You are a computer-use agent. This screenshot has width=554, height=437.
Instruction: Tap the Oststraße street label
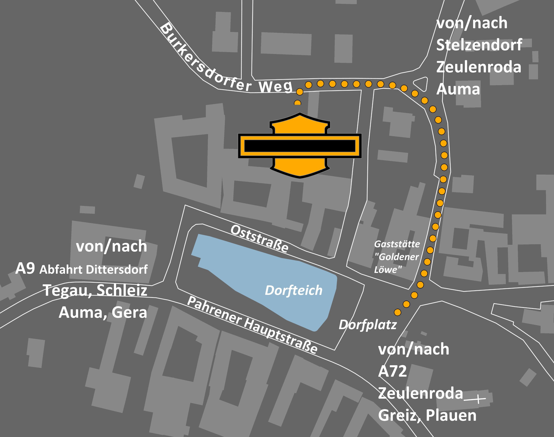[x=260, y=238]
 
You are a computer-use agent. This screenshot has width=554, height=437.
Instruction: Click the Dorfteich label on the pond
[x=293, y=290]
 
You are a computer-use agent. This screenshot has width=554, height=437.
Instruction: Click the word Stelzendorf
[x=479, y=45]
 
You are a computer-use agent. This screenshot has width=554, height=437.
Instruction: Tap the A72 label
[x=392, y=371]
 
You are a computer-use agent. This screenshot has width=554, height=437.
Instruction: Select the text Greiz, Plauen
[x=427, y=415]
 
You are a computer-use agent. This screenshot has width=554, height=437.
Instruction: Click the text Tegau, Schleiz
[x=95, y=290]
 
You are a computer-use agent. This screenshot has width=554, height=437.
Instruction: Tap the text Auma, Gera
[x=103, y=312]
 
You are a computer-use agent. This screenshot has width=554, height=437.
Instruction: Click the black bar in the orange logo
[x=300, y=146]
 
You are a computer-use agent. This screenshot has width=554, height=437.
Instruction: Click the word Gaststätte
[x=397, y=244]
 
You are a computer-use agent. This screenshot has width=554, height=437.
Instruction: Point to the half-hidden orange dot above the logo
[x=297, y=103]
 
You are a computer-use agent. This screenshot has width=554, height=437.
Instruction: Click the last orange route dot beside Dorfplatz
[x=397, y=312]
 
